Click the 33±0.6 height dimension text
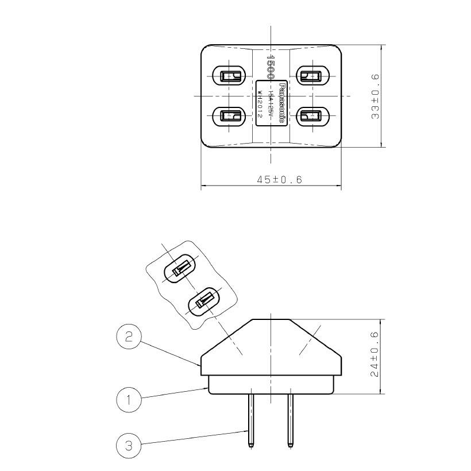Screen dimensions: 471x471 [x=375, y=96]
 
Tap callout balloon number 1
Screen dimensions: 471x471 [x=129, y=400]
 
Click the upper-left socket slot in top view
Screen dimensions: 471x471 [x=229, y=75]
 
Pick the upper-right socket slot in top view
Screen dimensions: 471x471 [x=312, y=75]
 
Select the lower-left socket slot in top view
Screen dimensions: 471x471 [x=229, y=117]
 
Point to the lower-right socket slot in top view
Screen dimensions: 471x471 [x=312, y=117]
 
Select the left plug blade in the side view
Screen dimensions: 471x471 [x=252, y=417]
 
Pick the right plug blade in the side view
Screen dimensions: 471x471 [x=290, y=417]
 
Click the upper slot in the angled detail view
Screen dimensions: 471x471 [x=179, y=269]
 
